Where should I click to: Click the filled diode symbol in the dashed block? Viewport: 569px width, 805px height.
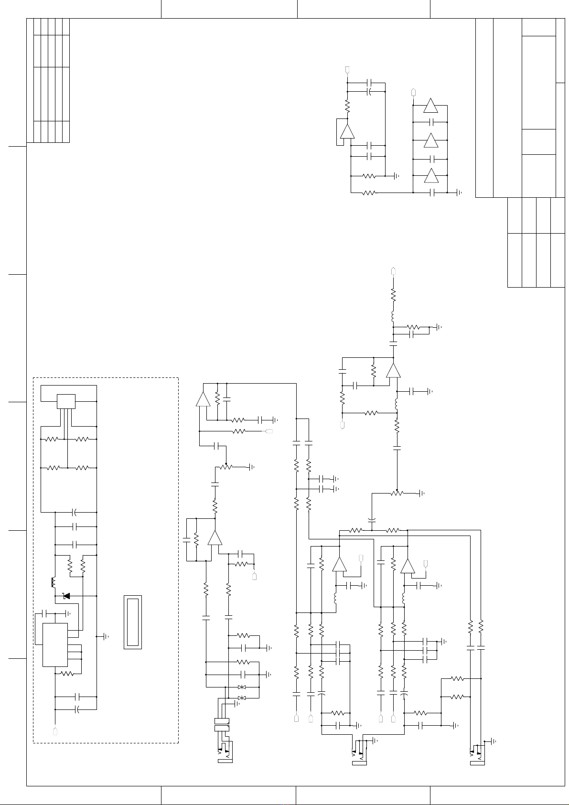pyautogui.click(x=66, y=596)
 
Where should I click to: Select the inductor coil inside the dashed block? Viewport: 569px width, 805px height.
pyautogui.click(x=53, y=582)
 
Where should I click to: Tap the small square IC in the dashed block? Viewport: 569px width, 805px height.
pyautogui.click(x=66, y=401)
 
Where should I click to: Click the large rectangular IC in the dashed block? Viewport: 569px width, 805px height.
pyautogui.click(x=55, y=644)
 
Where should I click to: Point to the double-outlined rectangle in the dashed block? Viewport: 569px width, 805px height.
pyautogui.click(x=133, y=622)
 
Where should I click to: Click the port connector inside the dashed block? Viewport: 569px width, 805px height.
pyautogui.click(x=55, y=731)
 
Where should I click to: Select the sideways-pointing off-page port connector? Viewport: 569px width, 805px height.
pyautogui.click(x=268, y=431)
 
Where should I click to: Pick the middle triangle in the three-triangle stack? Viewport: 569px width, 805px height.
pyautogui.click(x=431, y=140)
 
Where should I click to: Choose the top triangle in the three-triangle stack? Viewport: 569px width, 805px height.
pyautogui.click(x=431, y=106)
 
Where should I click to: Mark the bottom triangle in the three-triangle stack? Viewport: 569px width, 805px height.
pyautogui.click(x=431, y=175)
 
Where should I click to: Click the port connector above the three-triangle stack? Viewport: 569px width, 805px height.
pyautogui.click(x=414, y=91)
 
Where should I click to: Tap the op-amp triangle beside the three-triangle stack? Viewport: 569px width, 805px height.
pyautogui.click(x=347, y=131)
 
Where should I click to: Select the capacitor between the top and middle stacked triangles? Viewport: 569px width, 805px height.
pyautogui.click(x=431, y=123)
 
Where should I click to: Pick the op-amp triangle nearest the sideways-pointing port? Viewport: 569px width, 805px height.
pyautogui.click(x=203, y=399)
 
